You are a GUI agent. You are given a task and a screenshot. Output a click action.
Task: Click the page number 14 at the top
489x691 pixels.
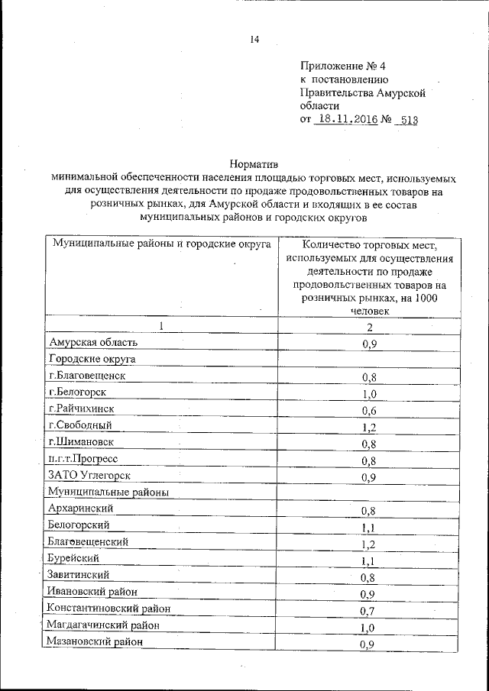[x=255, y=40]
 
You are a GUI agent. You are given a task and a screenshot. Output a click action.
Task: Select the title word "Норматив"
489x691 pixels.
[x=254, y=163]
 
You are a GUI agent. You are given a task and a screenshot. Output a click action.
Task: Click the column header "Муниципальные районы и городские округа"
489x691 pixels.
[x=162, y=244]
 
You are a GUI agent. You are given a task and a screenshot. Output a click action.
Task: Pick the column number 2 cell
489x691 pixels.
[x=369, y=328]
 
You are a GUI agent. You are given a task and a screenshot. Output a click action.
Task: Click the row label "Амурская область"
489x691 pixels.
[x=92, y=344]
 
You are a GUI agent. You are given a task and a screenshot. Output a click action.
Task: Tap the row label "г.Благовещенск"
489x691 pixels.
[x=86, y=376]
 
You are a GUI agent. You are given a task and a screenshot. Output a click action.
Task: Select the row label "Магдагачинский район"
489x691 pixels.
[x=103, y=625]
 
